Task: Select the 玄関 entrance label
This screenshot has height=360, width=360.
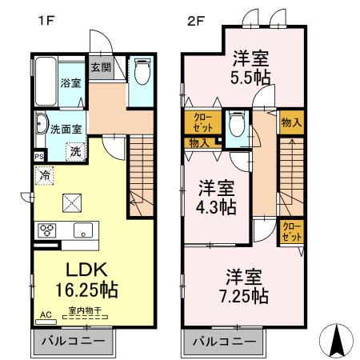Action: coord(100,67)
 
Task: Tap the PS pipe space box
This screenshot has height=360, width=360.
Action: coord(38,156)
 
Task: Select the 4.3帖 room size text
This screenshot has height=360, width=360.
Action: coord(217,206)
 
